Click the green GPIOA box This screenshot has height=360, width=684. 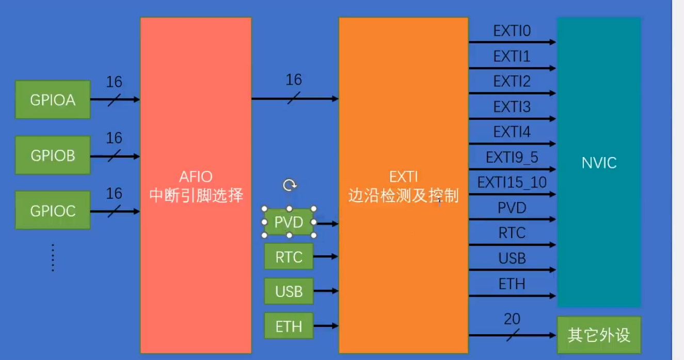(53, 100)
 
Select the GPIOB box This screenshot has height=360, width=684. (53, 155)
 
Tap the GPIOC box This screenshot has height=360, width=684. (53, 210)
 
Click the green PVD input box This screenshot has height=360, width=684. (289, 223)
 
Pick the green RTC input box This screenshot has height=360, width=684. (289, 256)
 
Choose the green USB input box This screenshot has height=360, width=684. (289, 291)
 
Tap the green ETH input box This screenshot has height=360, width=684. (289, 326)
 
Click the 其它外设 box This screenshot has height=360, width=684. (599, 335)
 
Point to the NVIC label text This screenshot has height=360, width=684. (599, 163)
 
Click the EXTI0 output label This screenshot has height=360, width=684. (512, 32)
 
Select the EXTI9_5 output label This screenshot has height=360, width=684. (512, 157)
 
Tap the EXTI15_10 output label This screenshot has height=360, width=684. (512, 182)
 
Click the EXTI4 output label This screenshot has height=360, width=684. (512, 132)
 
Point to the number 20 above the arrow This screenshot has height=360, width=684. (512, 320)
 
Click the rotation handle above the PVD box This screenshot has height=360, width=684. (290, 185)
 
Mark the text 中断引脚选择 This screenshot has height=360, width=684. (196, 196)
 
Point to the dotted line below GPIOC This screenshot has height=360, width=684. (53, 257)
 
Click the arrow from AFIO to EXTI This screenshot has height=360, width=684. (294, 98)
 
